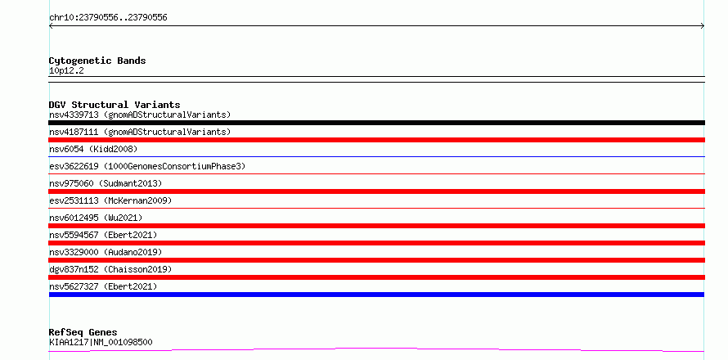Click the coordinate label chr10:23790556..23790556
[x=108, y=18]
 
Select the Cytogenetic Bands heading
[x=97, y=61]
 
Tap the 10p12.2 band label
[x=66, y=71]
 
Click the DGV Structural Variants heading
[x=115, y=105]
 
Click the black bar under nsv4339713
[x=376, y=123]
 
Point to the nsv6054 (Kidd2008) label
[x=93, y=149]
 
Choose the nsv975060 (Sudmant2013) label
[x=106, y=183]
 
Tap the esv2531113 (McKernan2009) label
[x=110, y=200]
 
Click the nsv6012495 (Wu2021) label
[x=96, y=218]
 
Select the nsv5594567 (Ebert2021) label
[x=103, y=235]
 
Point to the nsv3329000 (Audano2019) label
[x=106, y=252]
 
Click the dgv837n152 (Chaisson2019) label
[x=110, y=269]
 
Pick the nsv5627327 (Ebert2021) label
[x=103, y=286]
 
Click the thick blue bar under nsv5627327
[x=376, y=295]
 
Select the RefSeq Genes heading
[x=83, y=333]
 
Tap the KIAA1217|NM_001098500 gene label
[x=101, y=343]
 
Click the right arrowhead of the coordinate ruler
[x=703, y=26]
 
